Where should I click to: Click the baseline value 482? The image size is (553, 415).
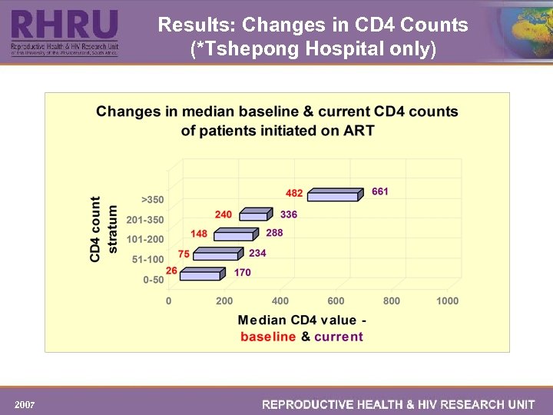294,193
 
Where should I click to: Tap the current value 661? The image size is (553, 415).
380,191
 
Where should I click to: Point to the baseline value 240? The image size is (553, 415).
223,214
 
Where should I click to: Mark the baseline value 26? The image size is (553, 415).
171,271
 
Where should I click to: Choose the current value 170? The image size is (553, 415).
242,272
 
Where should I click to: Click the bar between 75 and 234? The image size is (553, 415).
220,254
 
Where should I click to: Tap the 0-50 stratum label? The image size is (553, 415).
153,280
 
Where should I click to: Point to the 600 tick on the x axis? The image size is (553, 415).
336,301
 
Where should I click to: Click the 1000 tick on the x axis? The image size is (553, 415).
446,301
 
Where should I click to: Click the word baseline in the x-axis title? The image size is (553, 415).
268,337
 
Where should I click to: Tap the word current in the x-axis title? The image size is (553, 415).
339,337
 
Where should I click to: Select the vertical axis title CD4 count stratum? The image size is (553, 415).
104,229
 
